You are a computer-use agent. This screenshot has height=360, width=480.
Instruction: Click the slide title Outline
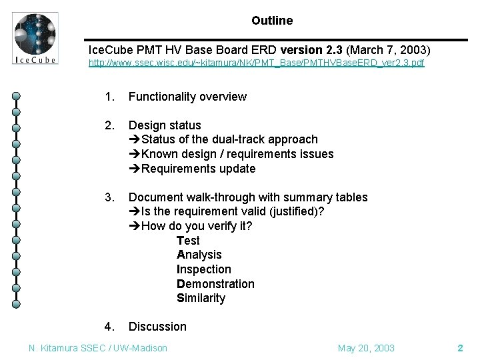272,21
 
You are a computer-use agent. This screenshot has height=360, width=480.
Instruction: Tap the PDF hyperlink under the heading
257,63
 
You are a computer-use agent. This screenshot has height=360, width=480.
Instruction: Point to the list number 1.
109,97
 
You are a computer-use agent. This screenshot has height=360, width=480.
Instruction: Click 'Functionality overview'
187,97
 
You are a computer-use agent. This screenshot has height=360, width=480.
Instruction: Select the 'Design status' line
165,125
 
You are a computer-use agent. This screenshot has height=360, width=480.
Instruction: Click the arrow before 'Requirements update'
134,169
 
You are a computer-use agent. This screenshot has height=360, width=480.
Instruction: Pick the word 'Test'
188,241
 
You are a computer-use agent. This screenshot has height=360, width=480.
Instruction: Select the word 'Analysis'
199,255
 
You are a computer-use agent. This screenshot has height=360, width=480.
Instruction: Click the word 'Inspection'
203,269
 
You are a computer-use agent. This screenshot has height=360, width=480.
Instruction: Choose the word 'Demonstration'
215,284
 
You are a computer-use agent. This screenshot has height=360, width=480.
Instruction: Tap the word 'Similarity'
201,298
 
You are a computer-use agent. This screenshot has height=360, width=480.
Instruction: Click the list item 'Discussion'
157,327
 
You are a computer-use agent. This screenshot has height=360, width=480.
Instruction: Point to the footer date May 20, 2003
366,348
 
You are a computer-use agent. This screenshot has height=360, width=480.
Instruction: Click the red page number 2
460,348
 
